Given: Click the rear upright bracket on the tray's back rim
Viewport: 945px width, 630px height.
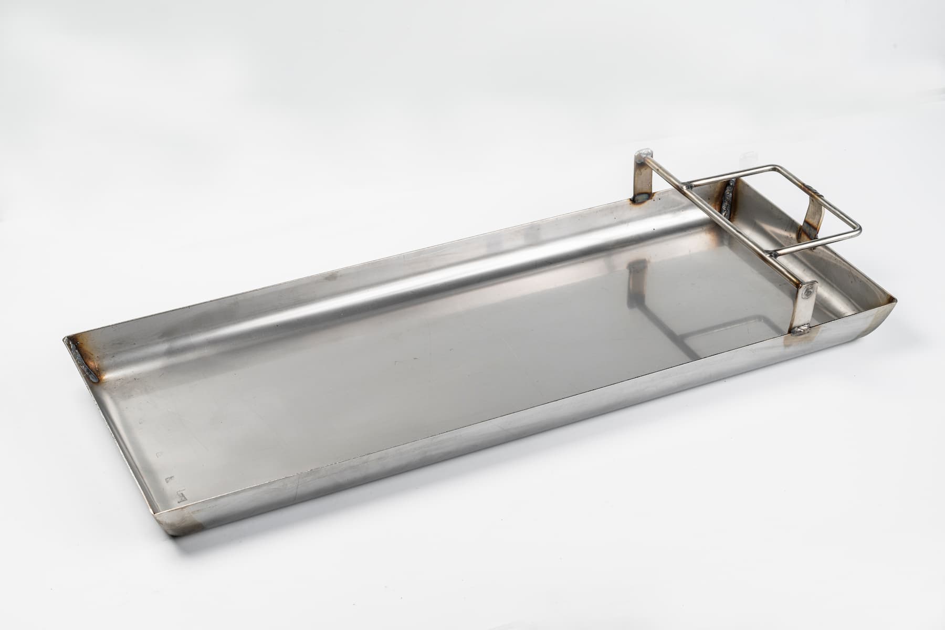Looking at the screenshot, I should point(642,176).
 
